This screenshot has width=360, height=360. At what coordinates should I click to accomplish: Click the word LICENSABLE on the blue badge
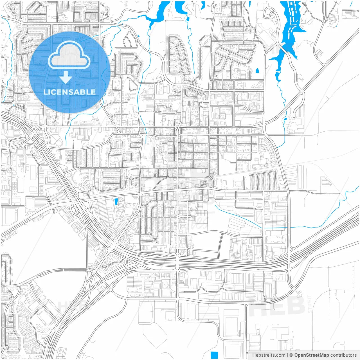pyautogui.click(x=69, y=92)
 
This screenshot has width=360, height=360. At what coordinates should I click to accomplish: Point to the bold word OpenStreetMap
pyautogui.click(x=311, y=355)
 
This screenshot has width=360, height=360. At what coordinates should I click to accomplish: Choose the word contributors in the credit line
pyautogui.click(x=343, y=355)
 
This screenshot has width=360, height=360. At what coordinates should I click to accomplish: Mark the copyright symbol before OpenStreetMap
pyautogui.click(x=291, y=355)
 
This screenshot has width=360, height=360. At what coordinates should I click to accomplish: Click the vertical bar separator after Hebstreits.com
pyautogui.click(x=287, y=355)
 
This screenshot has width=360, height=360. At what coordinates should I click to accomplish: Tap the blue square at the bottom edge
pyautogui.click(x=214, y=355)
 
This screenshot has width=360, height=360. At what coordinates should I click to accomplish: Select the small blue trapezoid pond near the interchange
pyautogui.click(x=116, y=201)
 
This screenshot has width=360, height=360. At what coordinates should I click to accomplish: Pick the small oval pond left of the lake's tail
pyautogui.click(x=257, y=71)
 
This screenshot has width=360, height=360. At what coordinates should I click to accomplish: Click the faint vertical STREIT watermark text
pyautogui.click(x=310, y=304)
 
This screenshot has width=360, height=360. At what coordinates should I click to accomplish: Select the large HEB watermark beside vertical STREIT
pyautogui.click(x=277, y=306)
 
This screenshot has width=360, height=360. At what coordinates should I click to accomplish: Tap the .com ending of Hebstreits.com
pyautogui.click(x=280, y=355)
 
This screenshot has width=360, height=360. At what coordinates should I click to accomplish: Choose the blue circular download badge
pyautogui.click(x=69, y=72)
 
